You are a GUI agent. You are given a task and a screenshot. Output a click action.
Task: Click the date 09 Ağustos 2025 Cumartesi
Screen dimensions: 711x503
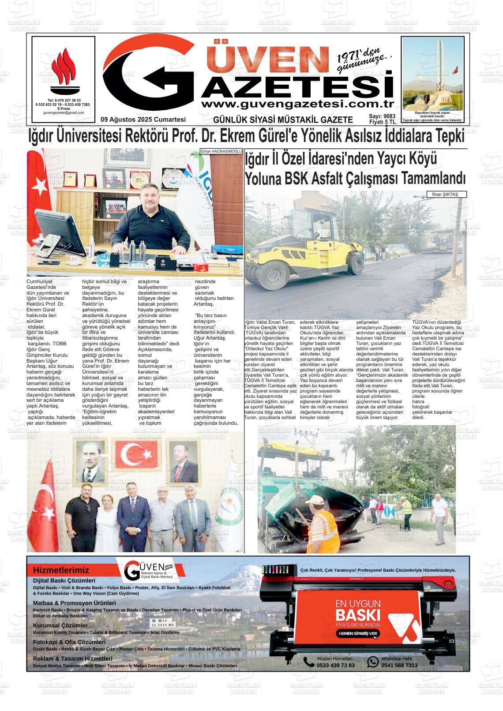pyautogui.click(x=143, y=120)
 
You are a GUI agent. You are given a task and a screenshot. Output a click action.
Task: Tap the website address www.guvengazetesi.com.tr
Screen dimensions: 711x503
pyautogui.click(x=297, y=104)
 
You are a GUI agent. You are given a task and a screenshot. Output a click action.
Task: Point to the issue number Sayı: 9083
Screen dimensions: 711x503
pyautogui.click(x=382, y=116)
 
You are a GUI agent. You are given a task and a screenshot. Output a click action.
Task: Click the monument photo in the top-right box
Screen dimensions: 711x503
pyautogui.click(x=432, y=73)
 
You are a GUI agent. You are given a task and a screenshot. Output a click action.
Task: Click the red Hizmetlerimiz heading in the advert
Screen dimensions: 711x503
pyautogui.click(x=61, y=570)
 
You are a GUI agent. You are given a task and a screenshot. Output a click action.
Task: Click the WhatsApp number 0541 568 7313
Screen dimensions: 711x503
pyautogui.click(x=399, y=665)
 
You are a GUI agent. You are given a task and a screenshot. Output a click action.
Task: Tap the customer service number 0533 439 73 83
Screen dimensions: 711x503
pyautogui.click(x=335, y=665)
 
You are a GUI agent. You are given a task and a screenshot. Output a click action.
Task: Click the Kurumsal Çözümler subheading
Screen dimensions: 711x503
pyautogui.click(x=60, y=625)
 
